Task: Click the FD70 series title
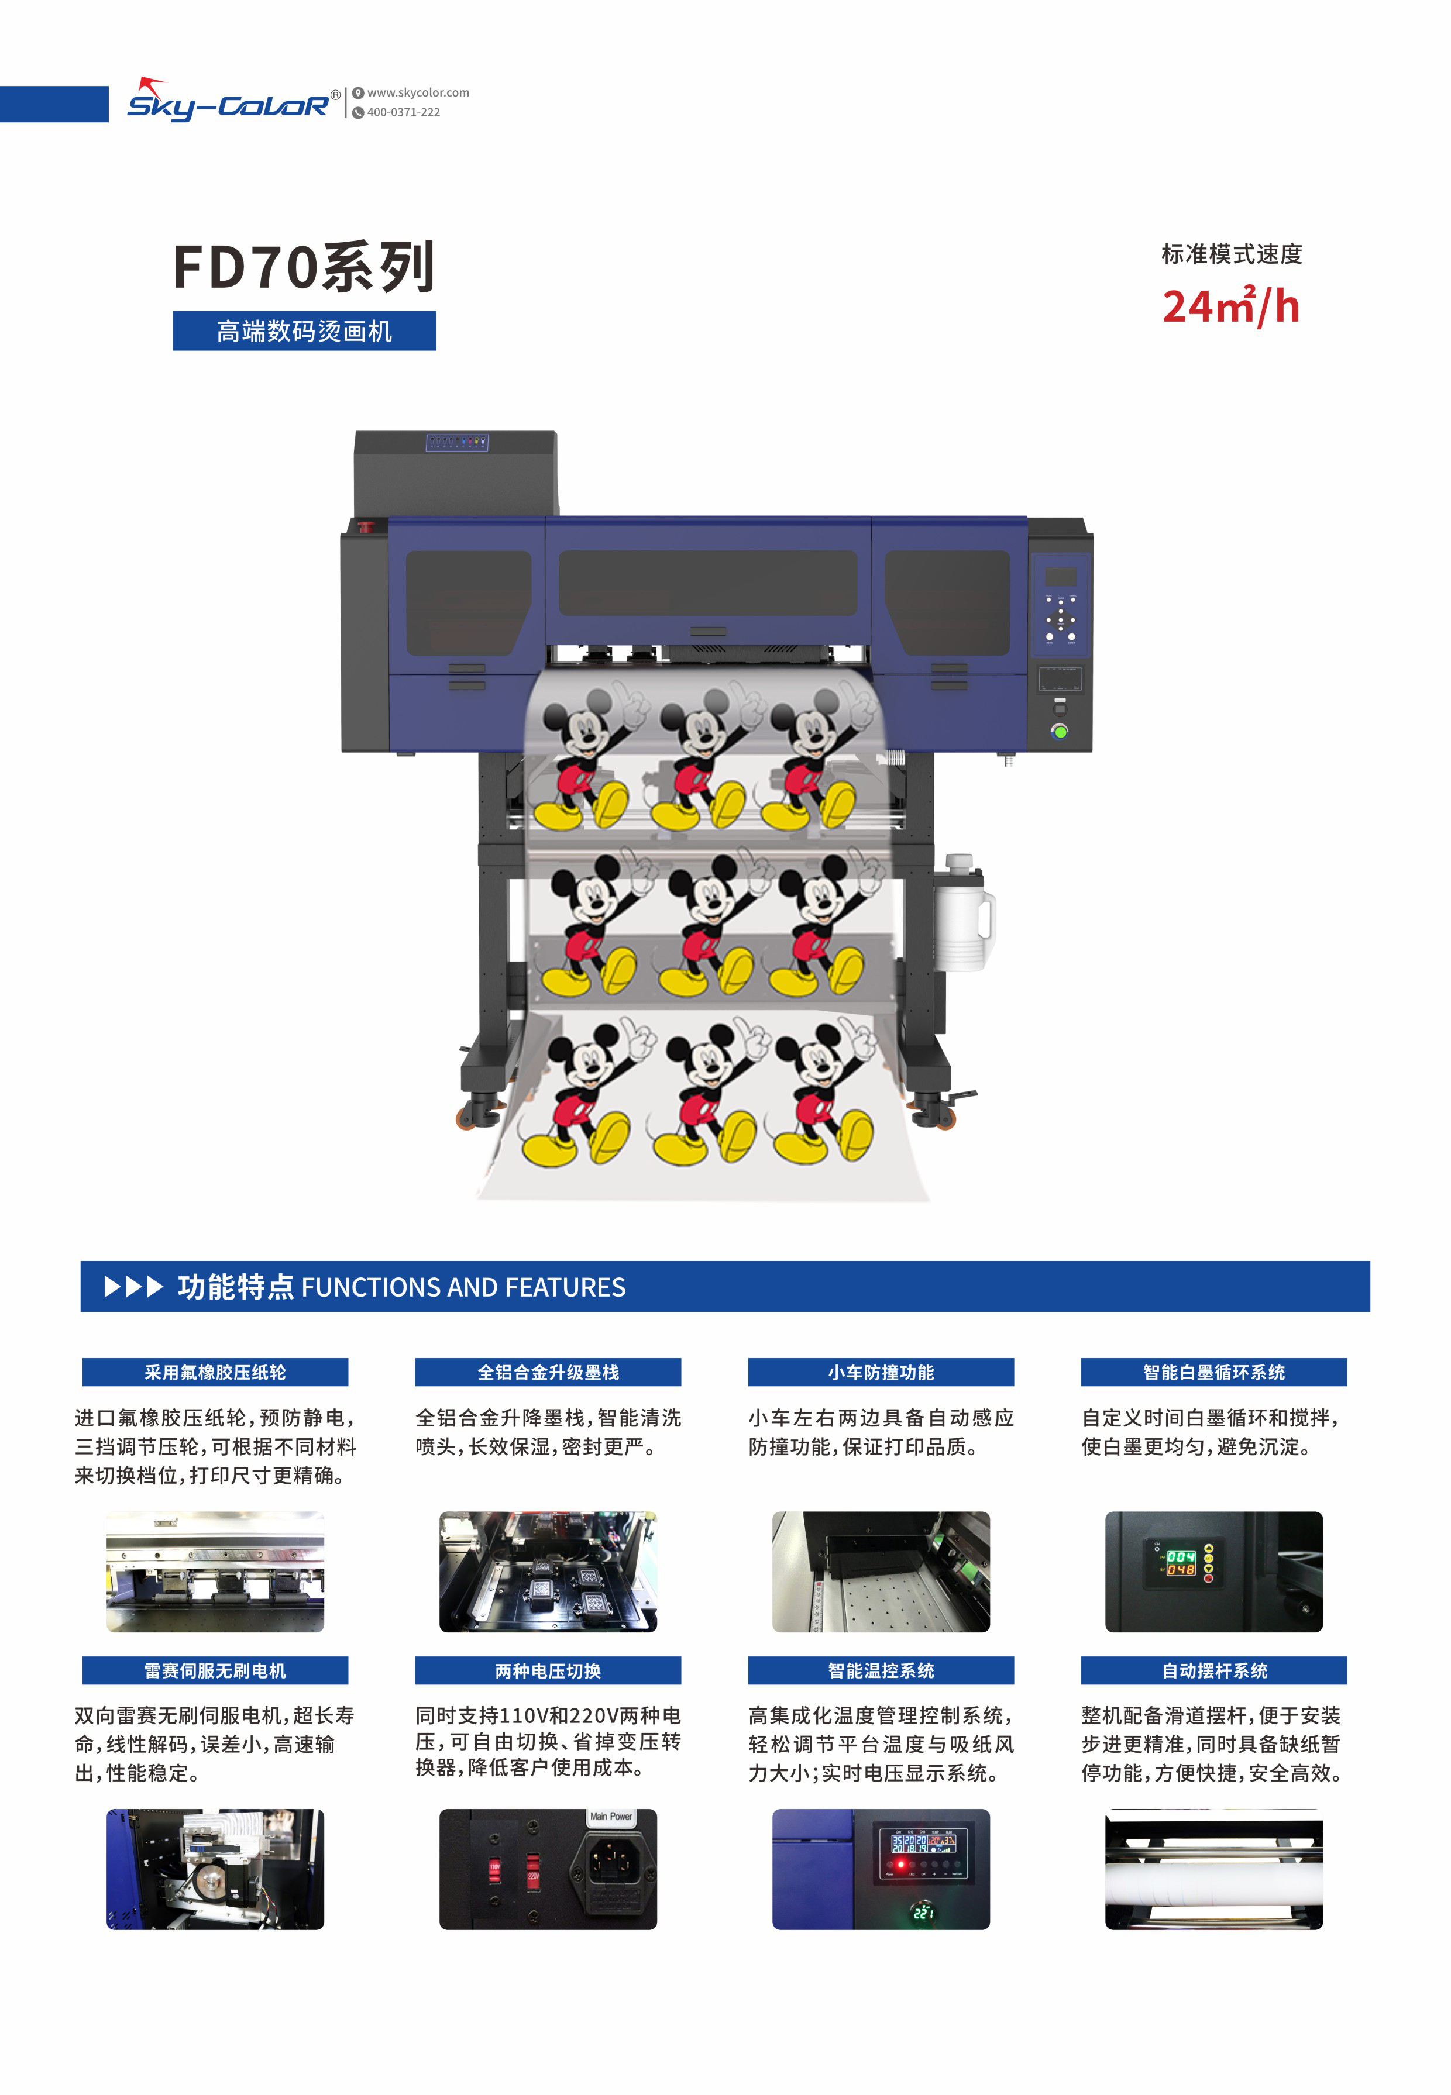pos(304,267)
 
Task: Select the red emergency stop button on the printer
pos(366,526)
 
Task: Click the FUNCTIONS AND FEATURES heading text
pos(463,1287)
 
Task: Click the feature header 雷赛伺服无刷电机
pos(215,1670)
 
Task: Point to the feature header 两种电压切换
pos(548,1670)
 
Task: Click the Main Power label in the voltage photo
pos(611,1817)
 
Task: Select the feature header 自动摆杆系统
pos(1213,1670)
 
